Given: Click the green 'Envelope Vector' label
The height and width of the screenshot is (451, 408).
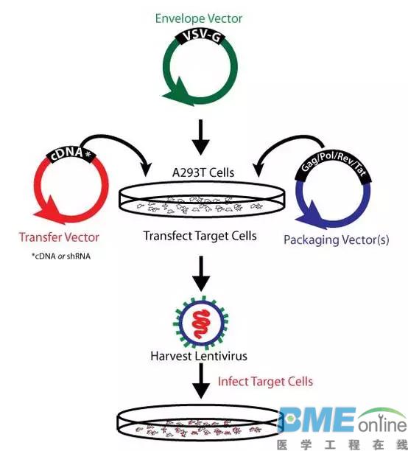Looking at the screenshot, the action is tap(199, 18).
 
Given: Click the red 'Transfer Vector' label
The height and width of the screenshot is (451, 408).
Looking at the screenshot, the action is tap(59, 237).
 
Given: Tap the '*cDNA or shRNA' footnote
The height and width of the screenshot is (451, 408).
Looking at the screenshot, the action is tap(61, 256).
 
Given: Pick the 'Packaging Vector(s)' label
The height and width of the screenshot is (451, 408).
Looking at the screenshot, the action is tap(336, 240).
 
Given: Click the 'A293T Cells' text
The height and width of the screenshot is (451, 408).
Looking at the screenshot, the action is tap(203, 172).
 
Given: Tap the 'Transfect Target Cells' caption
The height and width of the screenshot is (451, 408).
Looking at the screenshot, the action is tap(200, 236).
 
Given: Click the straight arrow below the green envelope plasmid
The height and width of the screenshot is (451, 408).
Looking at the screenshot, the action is tap(201, 137).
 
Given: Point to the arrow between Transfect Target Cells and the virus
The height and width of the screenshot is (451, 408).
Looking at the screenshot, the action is tap(201, 273).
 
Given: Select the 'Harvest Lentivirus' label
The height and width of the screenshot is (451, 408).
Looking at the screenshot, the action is tap(199, 356).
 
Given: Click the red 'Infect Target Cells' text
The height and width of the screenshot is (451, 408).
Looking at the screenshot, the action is tap(265, 382).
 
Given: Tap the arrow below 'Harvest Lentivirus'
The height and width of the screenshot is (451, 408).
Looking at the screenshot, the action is tap(201, 380).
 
